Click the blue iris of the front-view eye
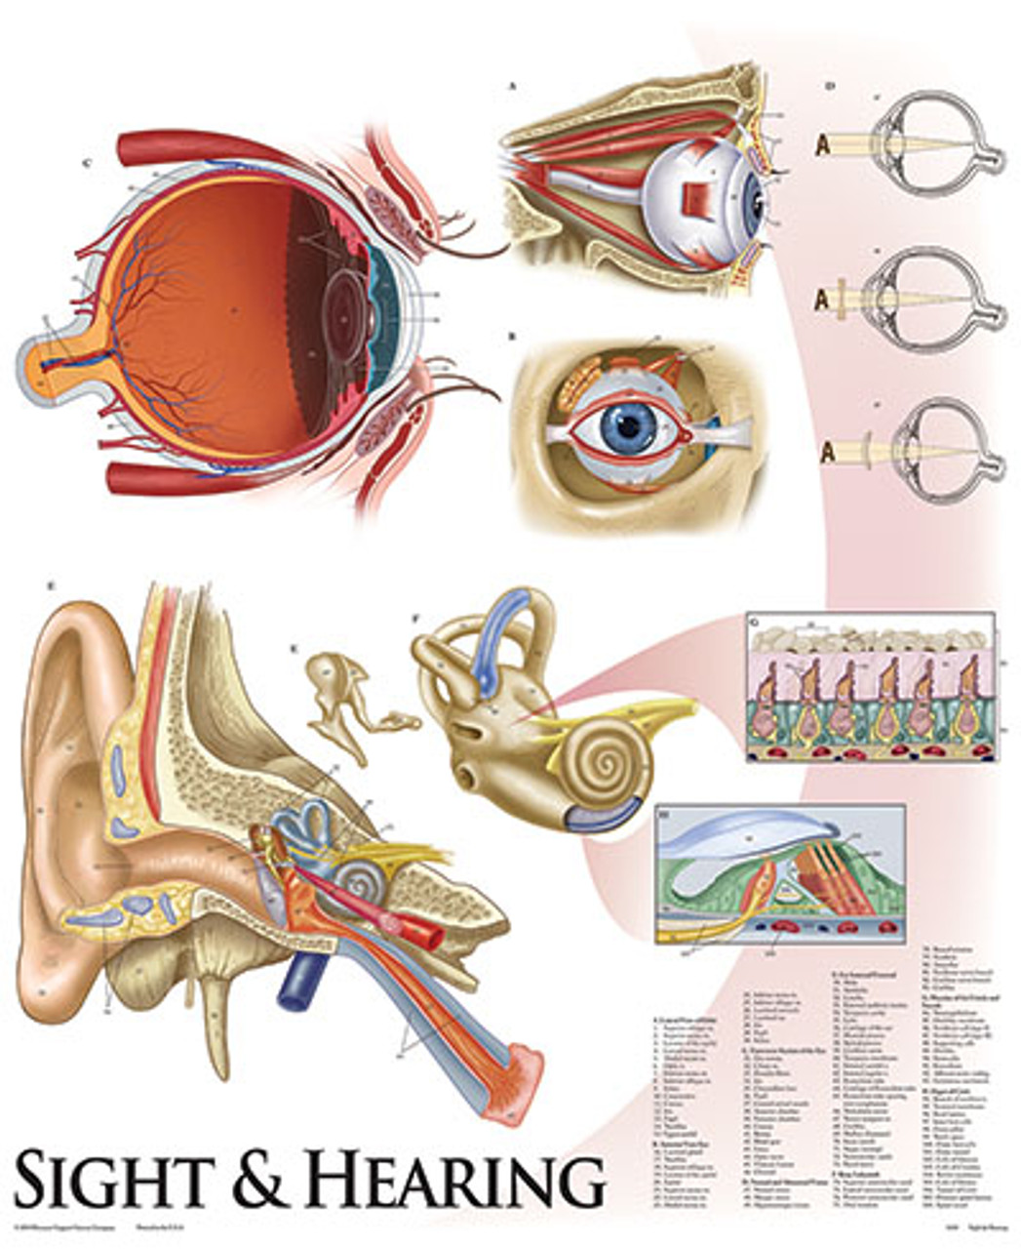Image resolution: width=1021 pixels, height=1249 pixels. click(633, 426)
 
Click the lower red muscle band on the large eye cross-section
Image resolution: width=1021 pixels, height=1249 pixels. click(195, 478)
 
